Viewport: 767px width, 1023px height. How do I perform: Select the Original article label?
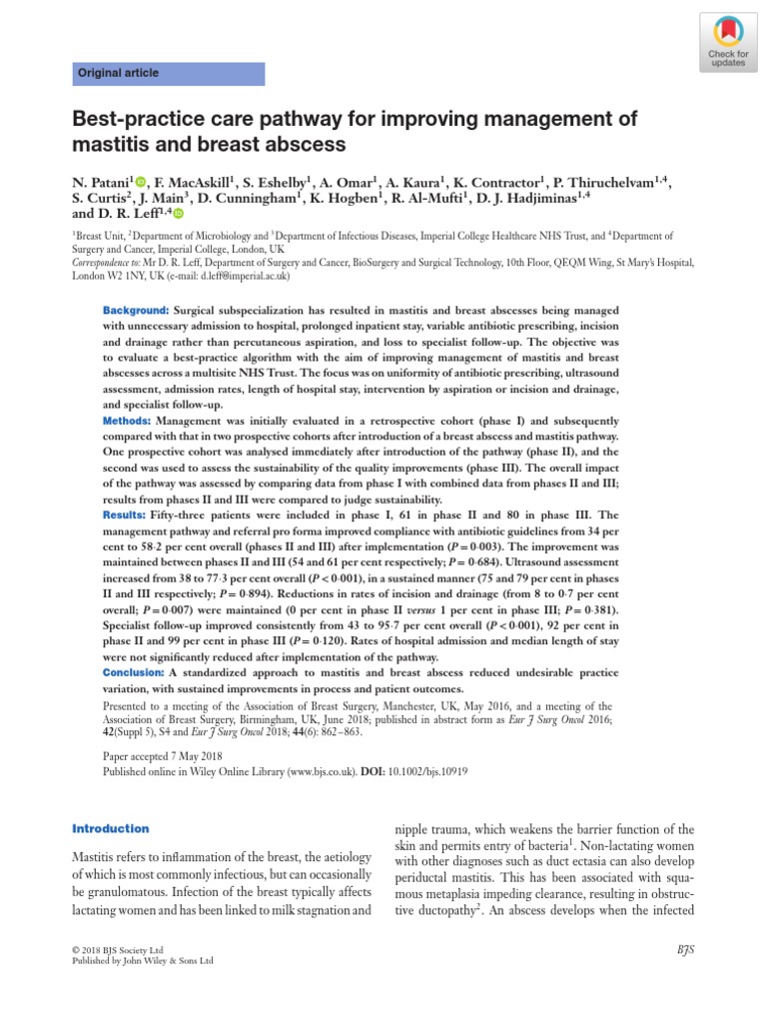[x=119, y=74]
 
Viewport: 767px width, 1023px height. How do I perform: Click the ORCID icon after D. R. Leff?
[x=179, y=214]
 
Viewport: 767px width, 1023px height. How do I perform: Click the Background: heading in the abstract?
[x=136, y=312]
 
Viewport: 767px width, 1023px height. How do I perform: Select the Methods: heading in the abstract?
[x=127, y=422]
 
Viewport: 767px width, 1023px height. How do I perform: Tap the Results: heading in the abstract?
[x=125, y=513]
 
